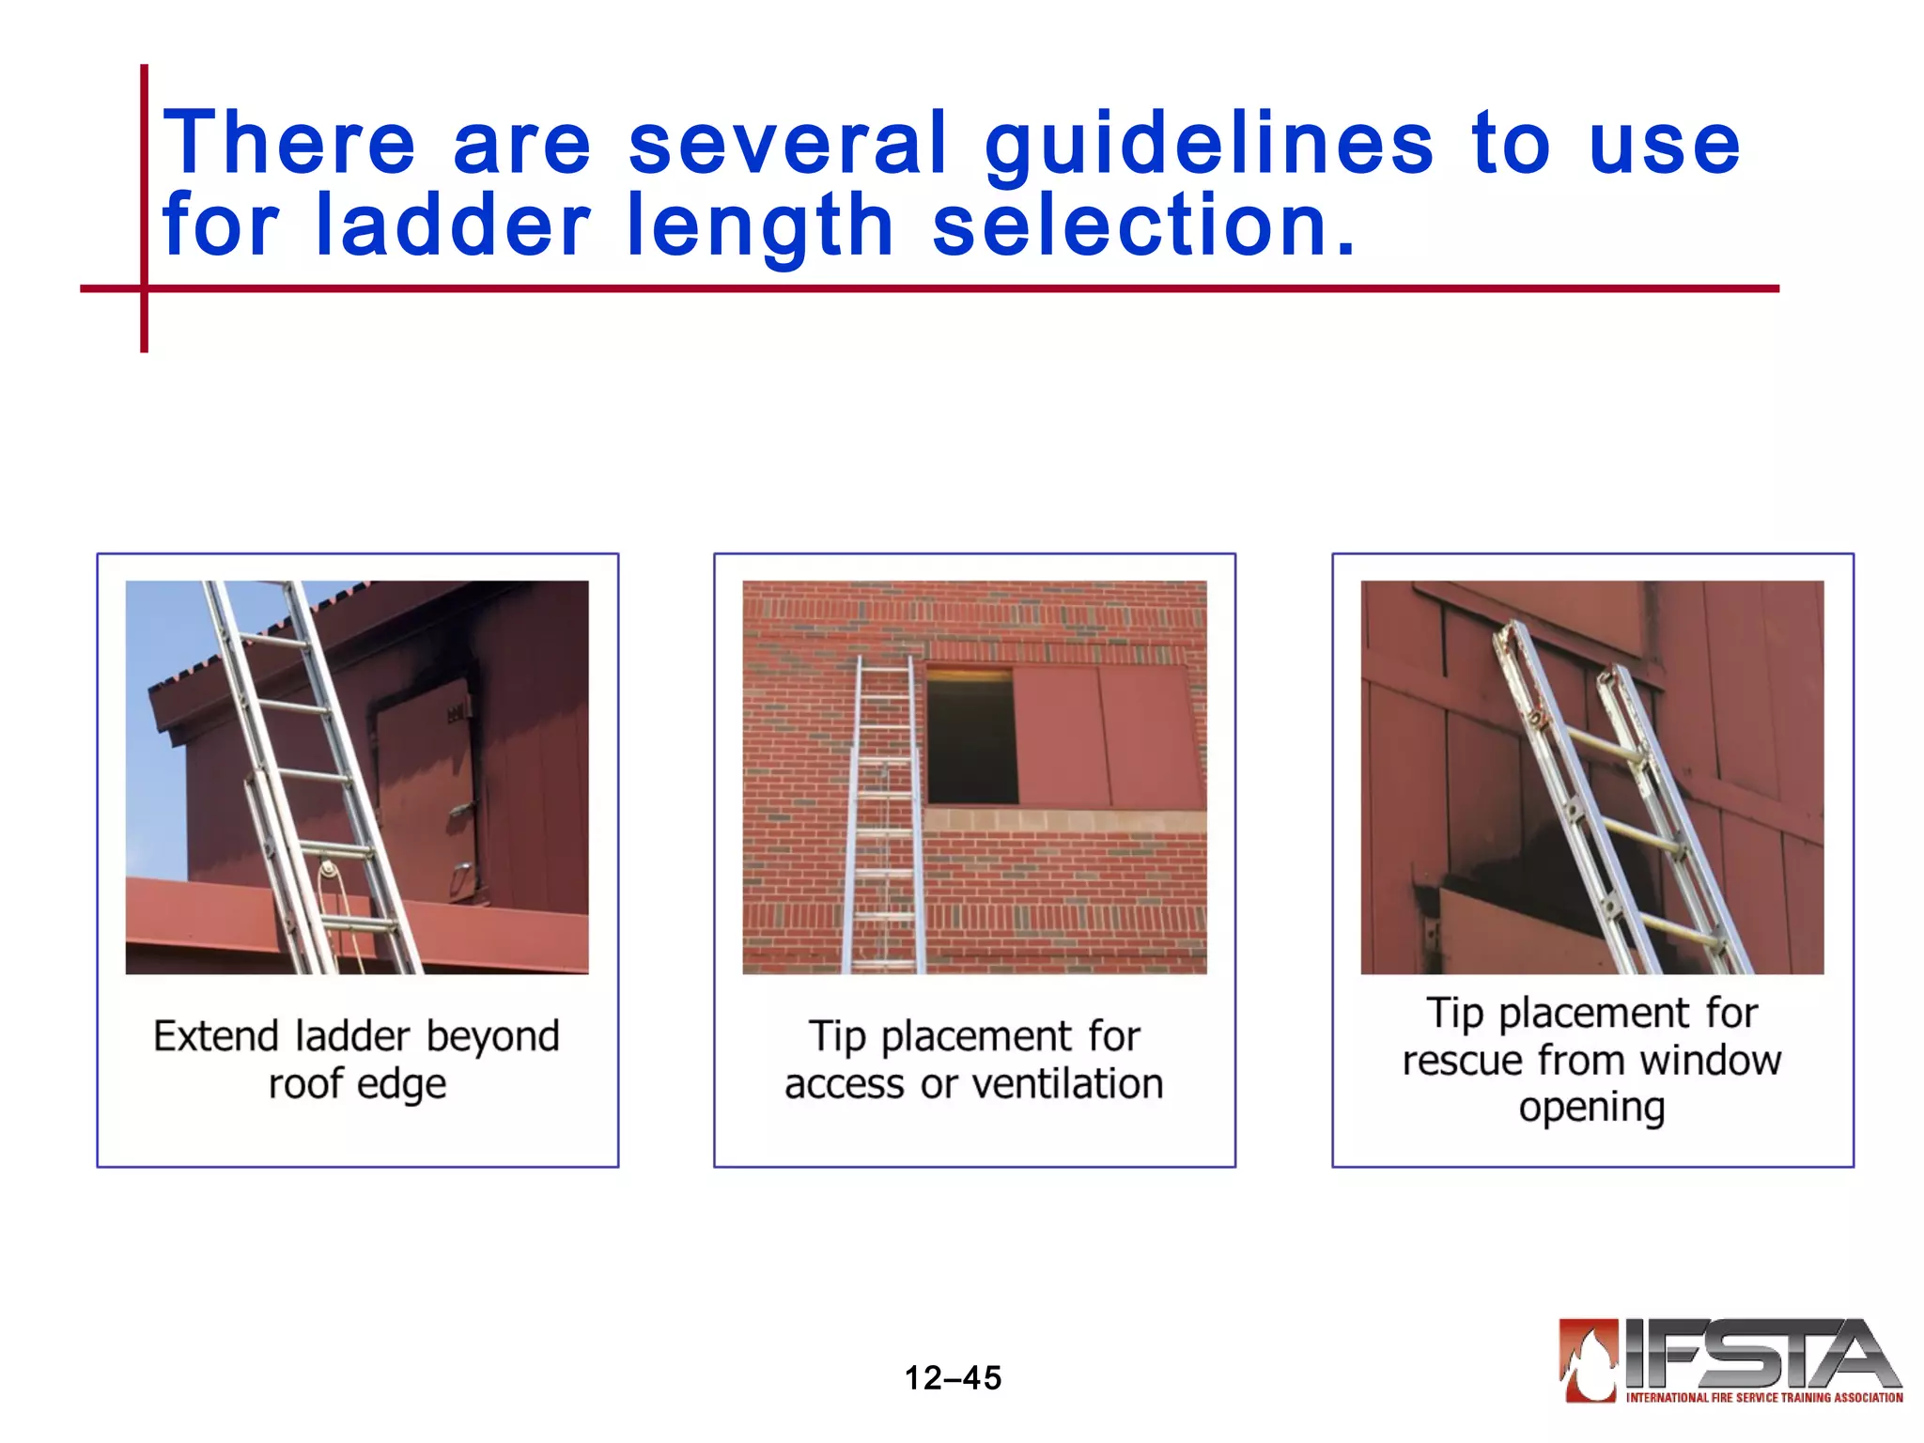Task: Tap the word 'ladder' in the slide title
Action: (x=452, y=225)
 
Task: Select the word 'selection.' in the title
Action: (x=1144, y=225)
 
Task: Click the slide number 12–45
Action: (x=953, y=1377)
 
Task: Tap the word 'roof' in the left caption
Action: (x=305, y=1084)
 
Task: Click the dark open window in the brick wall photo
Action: (x=971, y=737)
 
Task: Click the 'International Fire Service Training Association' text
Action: (x=1764, y=1397)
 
